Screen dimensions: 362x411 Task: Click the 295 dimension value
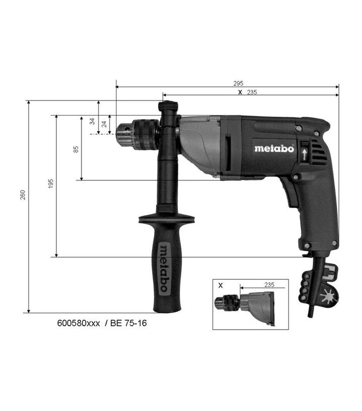[238, 83]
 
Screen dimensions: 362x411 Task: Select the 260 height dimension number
[23, 195]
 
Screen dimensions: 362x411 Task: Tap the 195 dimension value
[51, 183]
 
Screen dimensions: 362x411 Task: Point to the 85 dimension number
[76, 149]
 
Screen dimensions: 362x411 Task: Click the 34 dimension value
[92, 122]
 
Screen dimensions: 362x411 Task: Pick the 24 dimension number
[104, 124]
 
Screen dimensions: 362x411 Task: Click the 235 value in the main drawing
[252, 92]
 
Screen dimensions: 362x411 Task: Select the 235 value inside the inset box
[269, 285]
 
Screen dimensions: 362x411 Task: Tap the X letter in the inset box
[220, 285]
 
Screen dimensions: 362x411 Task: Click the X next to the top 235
[240, 92]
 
